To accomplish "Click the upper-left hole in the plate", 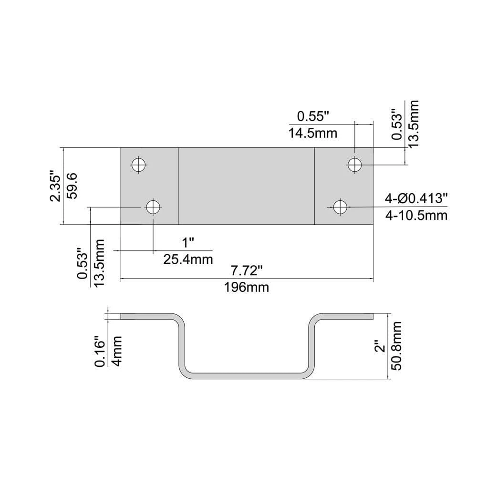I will point(138,165).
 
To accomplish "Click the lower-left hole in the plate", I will point(153,207).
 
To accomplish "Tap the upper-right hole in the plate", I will point(354,165).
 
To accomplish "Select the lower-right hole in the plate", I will point(340,207).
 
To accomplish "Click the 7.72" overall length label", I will point(247,271).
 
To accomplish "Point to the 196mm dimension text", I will point(247,287).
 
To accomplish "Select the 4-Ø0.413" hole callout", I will point(416,199).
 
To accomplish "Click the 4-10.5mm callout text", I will point(416,216).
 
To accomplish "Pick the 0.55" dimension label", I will point(313,116).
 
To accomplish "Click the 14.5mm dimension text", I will point(313,133).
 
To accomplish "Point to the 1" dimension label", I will point(189,242).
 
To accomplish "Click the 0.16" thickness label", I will point(100,352).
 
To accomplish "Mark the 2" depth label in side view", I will point(380,346).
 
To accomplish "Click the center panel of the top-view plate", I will point(247,186).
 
